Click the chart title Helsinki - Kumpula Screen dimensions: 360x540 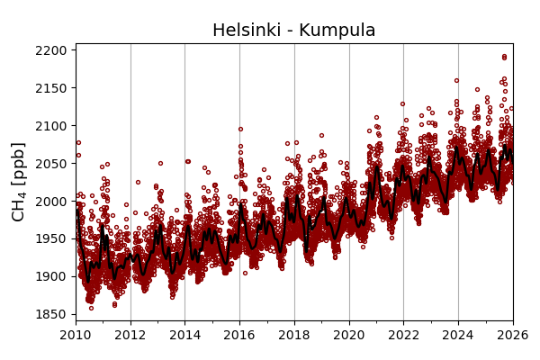click(293, 31)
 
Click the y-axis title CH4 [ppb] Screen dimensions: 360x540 click(19, 181)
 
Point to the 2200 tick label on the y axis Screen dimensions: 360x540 click(52, 50)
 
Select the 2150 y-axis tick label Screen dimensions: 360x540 click(52, 88)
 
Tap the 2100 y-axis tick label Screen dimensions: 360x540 click(52, 126)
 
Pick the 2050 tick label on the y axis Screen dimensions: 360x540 click(52, 164)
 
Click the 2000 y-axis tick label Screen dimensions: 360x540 click(52, 202)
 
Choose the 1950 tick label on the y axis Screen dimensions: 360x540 click(52, 238)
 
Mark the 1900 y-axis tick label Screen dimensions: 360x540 click(52, 276)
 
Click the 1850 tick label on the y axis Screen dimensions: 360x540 click(52, 314)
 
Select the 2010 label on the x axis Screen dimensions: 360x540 click(76, 335)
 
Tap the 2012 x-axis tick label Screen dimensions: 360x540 click(130, 335)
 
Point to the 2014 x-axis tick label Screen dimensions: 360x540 click(184, 335)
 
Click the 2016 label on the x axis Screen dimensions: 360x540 click(239, 335)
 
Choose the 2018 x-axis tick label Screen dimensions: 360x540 click(294, 335)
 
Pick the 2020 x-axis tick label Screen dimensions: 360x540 click(349, 335)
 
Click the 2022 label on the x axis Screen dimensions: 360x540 click(403, 335)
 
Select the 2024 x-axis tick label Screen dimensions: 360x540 click(458, 335)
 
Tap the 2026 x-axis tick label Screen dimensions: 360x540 click(512, 335)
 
